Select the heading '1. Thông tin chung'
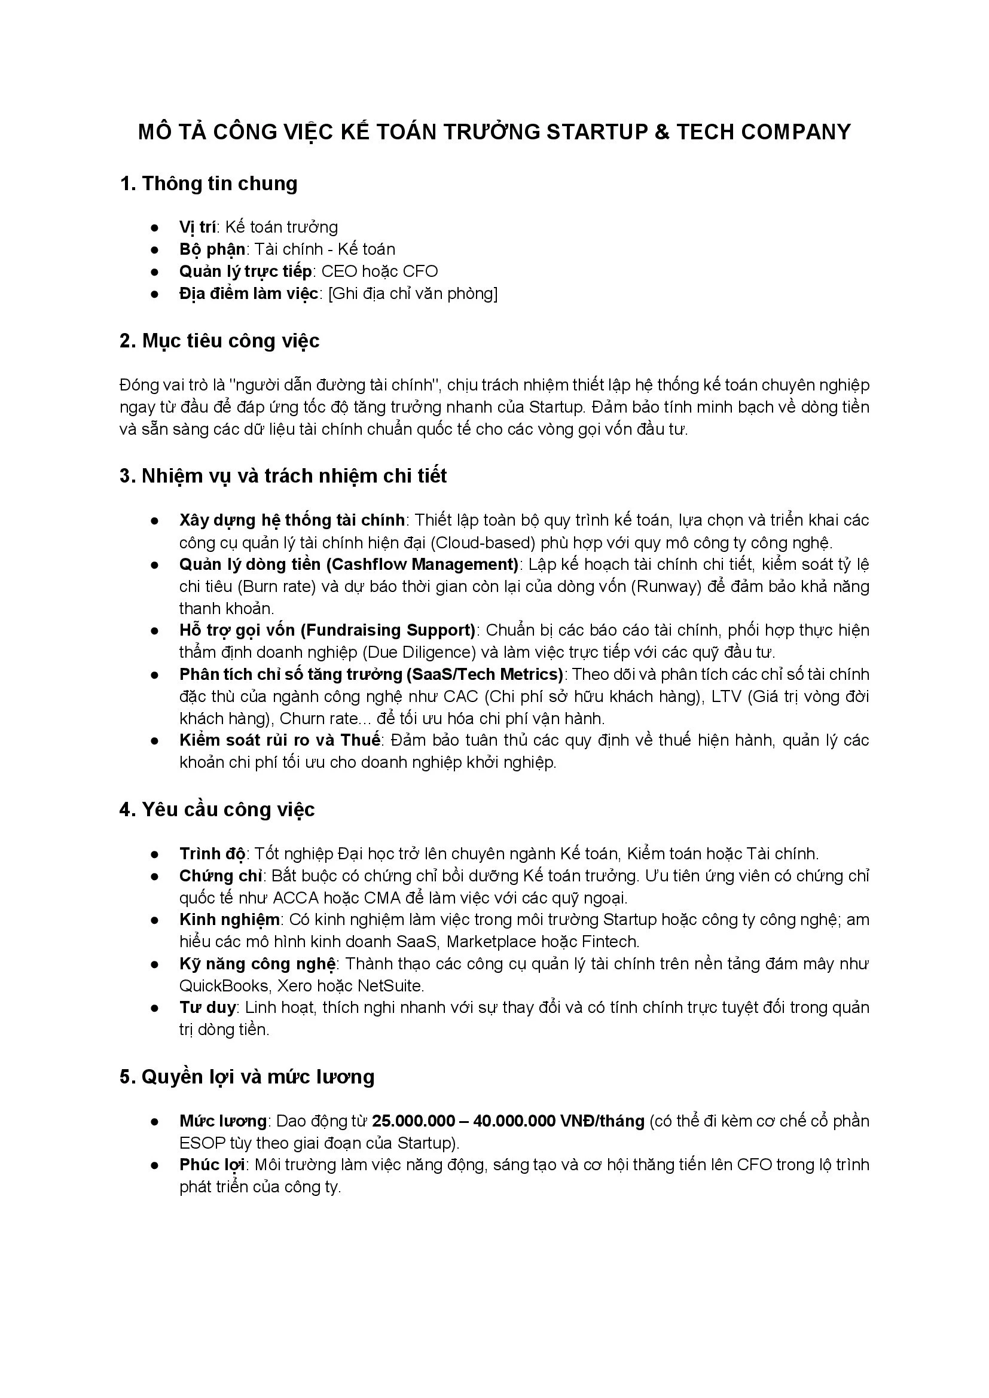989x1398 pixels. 209,184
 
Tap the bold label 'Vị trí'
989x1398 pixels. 197,227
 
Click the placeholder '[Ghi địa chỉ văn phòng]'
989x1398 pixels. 413,294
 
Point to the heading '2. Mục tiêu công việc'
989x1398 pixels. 219,340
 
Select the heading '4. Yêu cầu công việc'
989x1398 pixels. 217,809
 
